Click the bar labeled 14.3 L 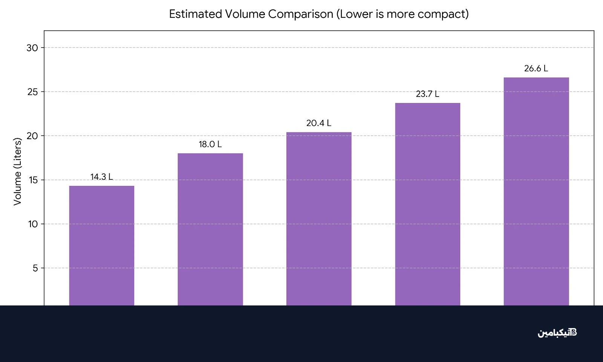[x=102, y=245]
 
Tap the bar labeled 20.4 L [x=319, y=219]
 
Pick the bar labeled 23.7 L [x=427, y=204]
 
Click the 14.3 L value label [x=101, y=176]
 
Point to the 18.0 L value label [x=210, y=144]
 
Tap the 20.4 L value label [x=318, y=123]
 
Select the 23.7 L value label [x=427, y=94]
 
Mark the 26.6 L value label [x=536, y=68]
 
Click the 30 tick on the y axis [x=32, y=48]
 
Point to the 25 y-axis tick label [x=33, y=92]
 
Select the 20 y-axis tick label [x=32, y=136]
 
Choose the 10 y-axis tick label [x=33, y=224]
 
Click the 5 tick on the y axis [x=35, y=268]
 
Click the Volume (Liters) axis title [x=17, y=172]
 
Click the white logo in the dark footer [x=557, y=333]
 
